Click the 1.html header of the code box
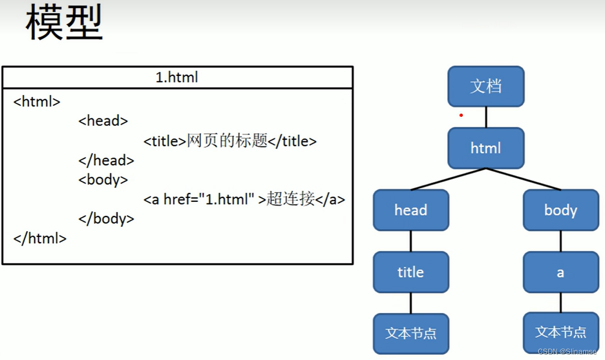(x=177, y=77)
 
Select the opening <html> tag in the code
(x=37, y=101)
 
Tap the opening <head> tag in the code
(x=103, y=121)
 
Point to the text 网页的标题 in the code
(x=227, y=141)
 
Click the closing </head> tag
(x=106, y=160)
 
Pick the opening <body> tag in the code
(x=103, y=179)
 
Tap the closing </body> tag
(x=106, y=219)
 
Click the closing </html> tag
(x=40, y=238)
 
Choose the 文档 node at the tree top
(x=486, y=86)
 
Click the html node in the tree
(x=486, y=148)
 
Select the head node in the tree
(x=411, y=210)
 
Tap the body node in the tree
(x=560, y=210)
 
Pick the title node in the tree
(x=411, y=272)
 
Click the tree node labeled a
(x=560, y=272)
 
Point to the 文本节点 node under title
(x=411, y=333)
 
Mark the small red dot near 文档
(x=461, y=115)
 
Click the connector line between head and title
(x=411, y=241)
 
